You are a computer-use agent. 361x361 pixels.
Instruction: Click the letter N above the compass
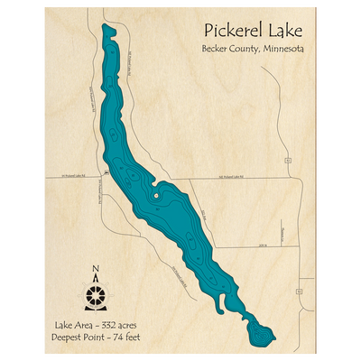coord(96,268)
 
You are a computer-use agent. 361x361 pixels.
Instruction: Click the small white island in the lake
coord(156,192)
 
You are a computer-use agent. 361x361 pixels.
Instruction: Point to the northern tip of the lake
coord(106,28)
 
